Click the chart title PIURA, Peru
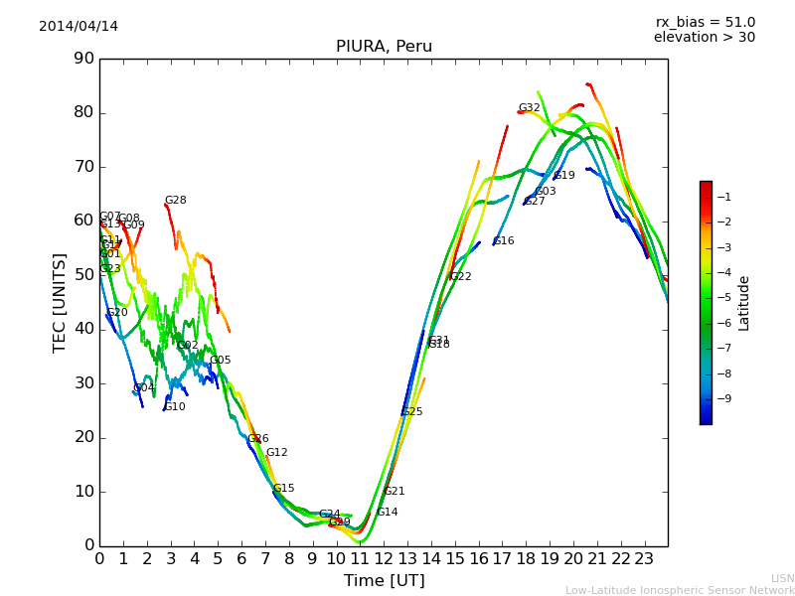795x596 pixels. (x=384, y=47)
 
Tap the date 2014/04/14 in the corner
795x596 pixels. (x=79, y=26)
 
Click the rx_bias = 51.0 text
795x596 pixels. (x=705, y=23)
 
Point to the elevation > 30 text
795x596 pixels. (x=705, y=38)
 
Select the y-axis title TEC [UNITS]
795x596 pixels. (x=60, y=302)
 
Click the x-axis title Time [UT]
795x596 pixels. (x=384, y=581)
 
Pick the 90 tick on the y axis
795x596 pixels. (x=83, y=59)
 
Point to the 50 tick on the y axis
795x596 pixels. (x=83, y=275)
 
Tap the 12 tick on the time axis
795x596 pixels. (x=384, y=559)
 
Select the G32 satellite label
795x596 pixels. (x=529, y=108)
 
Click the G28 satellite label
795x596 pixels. (x=175, y=201)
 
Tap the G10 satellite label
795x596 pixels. (x=175, y=406)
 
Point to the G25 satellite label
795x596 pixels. (x=411, y=412)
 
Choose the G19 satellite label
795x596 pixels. (x=564, y=176)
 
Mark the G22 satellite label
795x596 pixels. (x=460, y=277)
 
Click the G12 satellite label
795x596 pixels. (x=276, y=453)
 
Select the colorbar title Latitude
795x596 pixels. (x=744, y=303)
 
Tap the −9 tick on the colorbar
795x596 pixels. (x=723, y=398)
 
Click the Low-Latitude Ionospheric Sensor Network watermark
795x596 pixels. (x=680, y=590)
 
